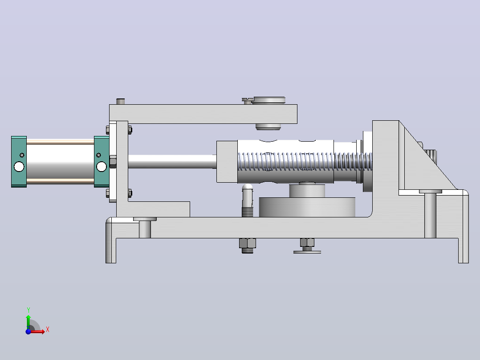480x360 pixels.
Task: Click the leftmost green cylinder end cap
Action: coord(19,161)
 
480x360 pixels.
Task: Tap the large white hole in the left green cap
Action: coord(19,167)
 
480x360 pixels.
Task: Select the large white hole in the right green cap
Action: coord(102,167)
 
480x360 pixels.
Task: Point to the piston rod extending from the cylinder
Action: coord(172,161)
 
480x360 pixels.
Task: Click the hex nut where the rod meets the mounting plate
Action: coord(113,161)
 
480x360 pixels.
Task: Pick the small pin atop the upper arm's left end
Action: coord(120,102)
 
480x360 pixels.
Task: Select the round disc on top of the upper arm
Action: coord(269,100)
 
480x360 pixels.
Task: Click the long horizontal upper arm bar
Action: coord(203,114)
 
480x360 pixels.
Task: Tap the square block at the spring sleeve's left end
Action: coord(227,162)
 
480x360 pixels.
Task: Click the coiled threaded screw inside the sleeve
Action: coord(305,161)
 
